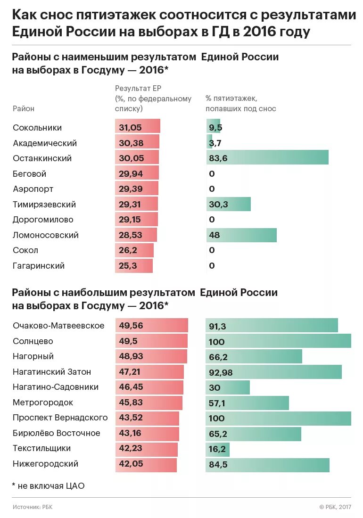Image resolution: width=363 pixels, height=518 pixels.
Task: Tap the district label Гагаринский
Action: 39,266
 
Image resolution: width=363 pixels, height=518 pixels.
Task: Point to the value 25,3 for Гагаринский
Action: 128,266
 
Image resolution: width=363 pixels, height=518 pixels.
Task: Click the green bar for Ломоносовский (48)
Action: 241,235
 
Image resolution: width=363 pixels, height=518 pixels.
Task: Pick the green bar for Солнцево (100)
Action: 278,341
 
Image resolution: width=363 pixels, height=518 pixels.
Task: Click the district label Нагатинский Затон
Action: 52,372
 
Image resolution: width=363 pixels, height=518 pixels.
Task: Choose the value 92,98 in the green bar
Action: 221,372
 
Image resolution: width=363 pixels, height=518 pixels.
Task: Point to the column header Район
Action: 24,109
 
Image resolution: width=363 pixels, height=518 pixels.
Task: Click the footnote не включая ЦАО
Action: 48,485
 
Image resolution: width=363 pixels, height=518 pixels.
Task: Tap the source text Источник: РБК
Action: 33,507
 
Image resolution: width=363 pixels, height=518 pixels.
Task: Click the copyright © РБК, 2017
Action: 335,507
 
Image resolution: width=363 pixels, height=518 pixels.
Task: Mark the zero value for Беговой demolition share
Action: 212,174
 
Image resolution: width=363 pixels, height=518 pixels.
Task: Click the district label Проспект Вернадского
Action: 60,418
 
